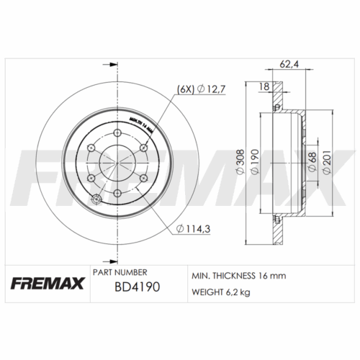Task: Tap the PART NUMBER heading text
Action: pyautogui.click(x=120, y=273)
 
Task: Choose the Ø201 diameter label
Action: pyautogui.click(x=330, y=162)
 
